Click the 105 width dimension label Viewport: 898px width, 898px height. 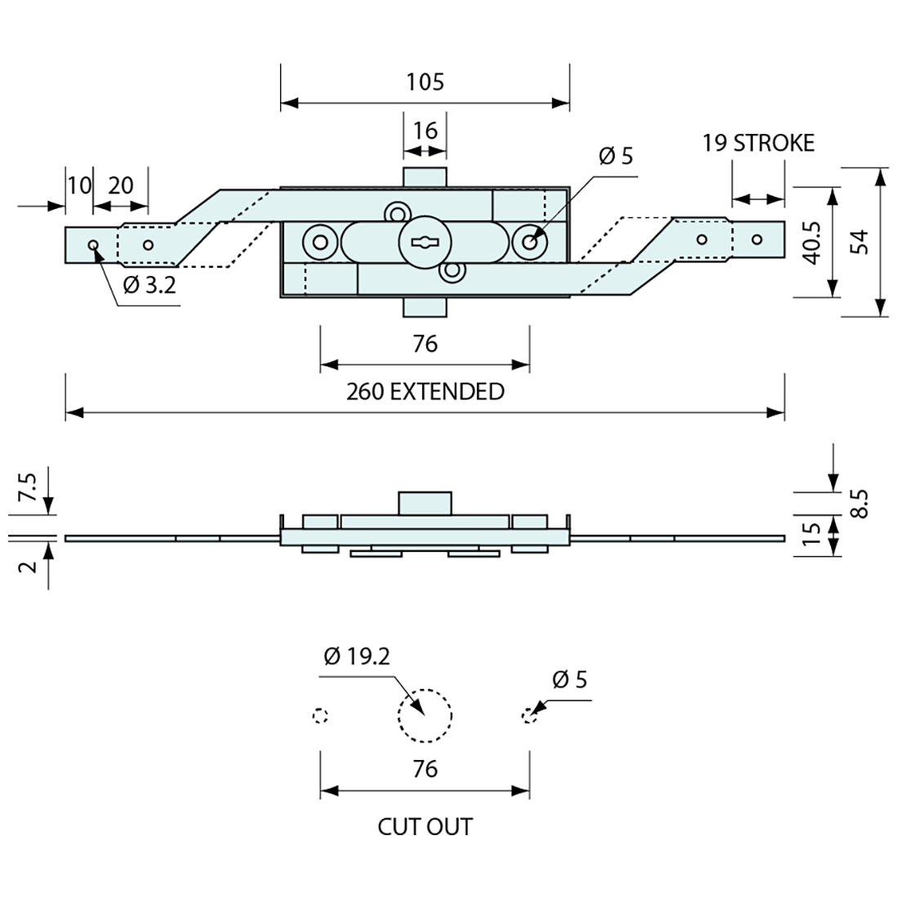coord(425,82)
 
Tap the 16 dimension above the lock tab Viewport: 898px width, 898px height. coord(425,131)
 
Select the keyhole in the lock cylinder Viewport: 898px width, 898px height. coord(424,242)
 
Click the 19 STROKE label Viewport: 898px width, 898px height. coord(758,143)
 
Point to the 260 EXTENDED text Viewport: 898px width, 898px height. coord(425,392)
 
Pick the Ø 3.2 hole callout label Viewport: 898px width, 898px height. coord(150,285)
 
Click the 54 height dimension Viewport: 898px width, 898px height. coord(859,242)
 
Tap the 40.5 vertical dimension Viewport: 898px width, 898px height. coord(811,242)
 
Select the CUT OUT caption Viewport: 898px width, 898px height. coord(425,826)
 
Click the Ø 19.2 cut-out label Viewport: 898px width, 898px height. coord(357,656)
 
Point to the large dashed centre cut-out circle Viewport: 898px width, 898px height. coord(425,716)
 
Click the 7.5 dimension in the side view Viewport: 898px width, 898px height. coord(27,488)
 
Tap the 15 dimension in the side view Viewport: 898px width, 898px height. coord(811,536)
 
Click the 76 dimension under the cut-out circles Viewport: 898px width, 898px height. coord(425,768)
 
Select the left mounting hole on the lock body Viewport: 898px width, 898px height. coord(319,241)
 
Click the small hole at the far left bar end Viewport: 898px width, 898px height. coord(93,244)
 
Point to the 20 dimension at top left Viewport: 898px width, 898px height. coord(120,185)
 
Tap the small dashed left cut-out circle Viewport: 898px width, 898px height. coord(320,716)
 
